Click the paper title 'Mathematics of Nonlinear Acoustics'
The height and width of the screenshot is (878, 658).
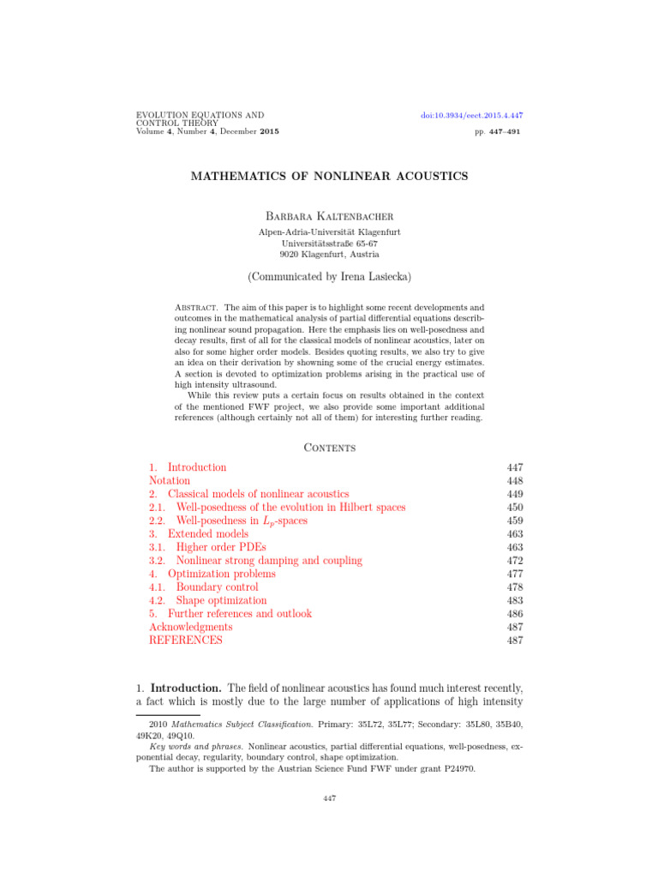[329, 176]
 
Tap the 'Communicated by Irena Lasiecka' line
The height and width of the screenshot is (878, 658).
[329, 277]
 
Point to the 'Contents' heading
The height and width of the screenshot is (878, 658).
[329, 447]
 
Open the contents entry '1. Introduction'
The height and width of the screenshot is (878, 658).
[188, 467]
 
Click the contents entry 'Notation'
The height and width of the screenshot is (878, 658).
[170, 481]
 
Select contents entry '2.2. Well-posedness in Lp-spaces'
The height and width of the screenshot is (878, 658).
[228, 520]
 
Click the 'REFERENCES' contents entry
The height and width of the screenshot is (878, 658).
[185, 640]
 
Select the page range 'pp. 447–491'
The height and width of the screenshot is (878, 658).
[497, 132]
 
